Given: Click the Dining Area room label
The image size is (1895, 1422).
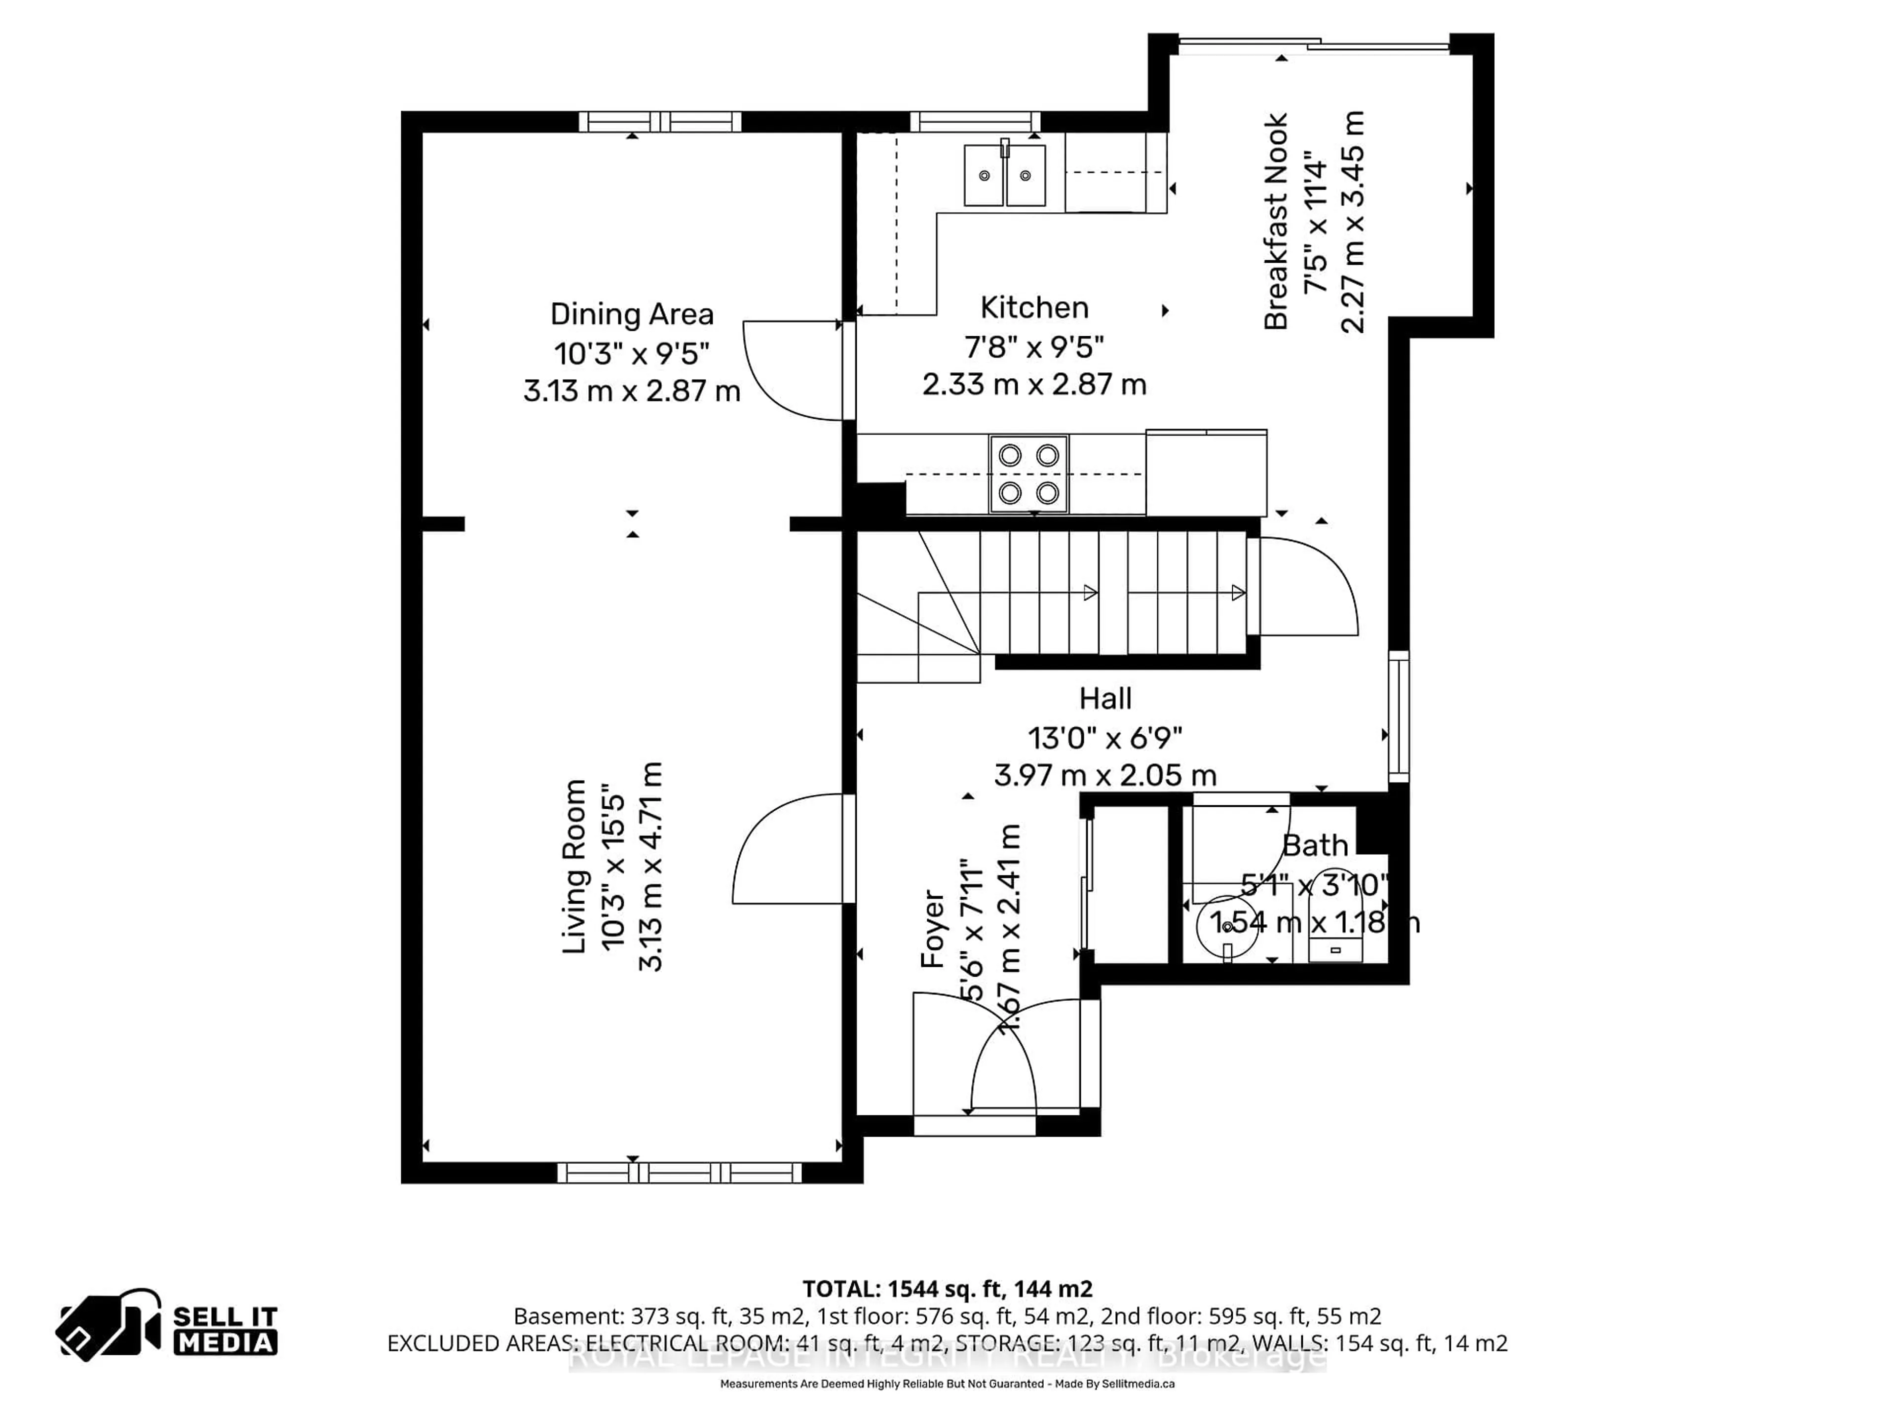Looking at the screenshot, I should tap(631, 315).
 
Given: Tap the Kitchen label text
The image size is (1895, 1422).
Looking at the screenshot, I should tap(1034, 308).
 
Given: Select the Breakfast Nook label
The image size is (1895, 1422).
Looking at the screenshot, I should tap(1276, 221).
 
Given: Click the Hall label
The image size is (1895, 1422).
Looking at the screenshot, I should tap(1105, 699).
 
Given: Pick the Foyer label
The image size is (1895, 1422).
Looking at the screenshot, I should tap(932, 929).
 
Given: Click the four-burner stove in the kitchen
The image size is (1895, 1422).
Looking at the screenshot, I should tap(1028, 474).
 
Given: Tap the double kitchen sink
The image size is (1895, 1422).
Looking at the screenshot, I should tap(1004, 175).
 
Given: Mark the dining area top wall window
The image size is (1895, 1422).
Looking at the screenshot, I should tap(660, 122).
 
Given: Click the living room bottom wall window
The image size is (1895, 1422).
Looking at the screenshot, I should tap(680, 1173).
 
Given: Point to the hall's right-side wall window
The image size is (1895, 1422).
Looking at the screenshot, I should tap(1398, 716).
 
